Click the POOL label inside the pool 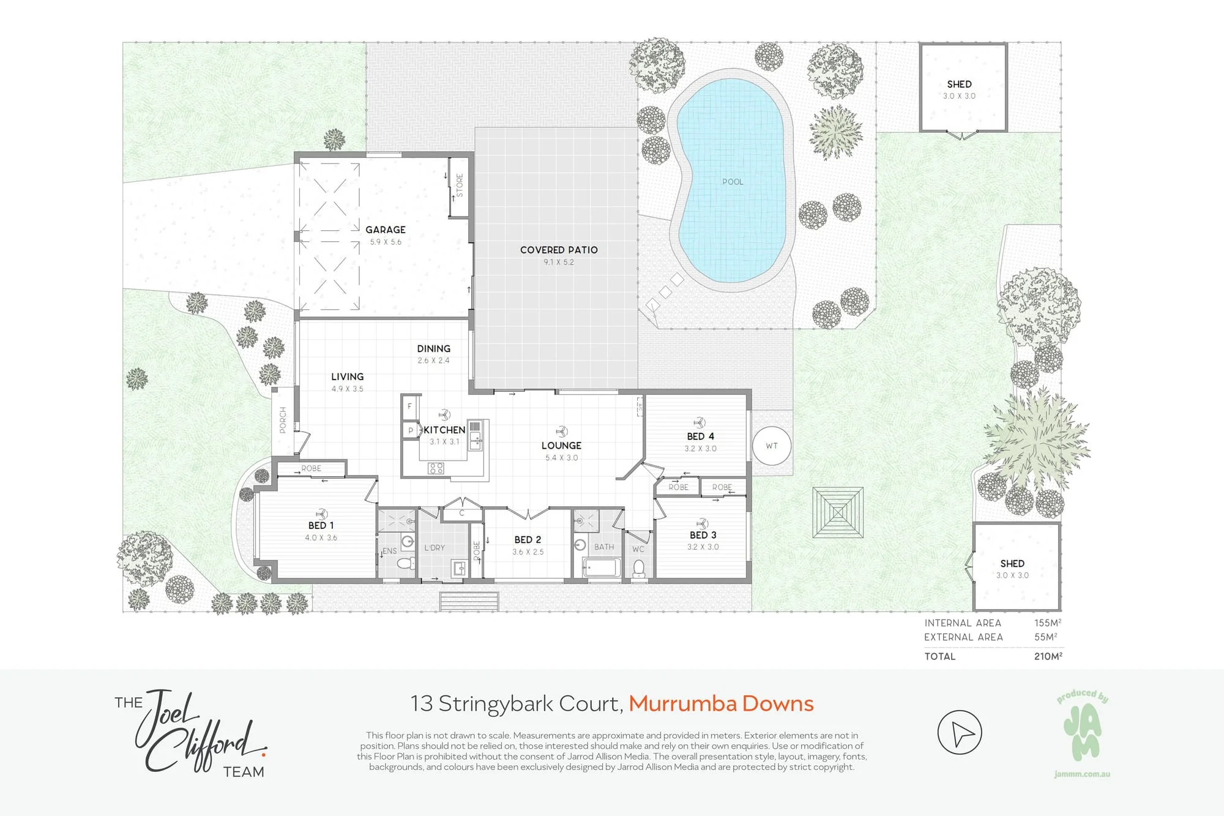[x=733, y=182]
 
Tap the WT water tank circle [x=772, y=446]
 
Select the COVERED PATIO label [x=559, y=250]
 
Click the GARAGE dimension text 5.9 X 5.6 [x=386, y=242]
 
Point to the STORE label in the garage [x=460, y=185]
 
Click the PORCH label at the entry [x=283, y=420]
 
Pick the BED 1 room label [x=321, y=525]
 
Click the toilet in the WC [x=639, y=568]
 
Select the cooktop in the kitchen [x=436, y=469]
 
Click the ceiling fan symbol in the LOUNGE [x=561, y=432]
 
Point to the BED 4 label [x=700, y=436]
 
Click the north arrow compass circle [x=960, y=732]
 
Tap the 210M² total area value [x=1048, y=656]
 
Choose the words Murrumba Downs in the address [x=721, y=704]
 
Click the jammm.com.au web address [x=1082, y=774]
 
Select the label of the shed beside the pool [x=959, y=84]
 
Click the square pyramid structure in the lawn [x=838, y=512]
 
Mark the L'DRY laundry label [x=435, y=548]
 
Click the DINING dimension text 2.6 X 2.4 [x=433, y=361]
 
